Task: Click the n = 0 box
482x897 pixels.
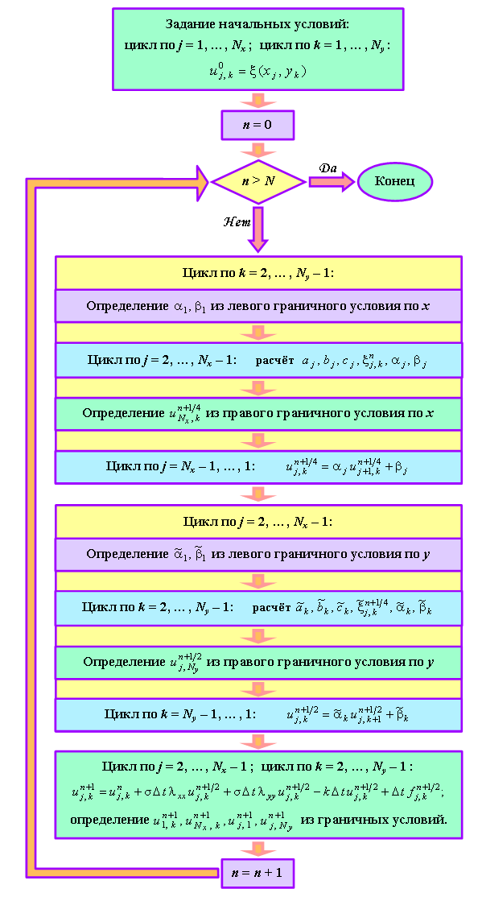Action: pos(257,125)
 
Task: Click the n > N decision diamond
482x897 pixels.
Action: pos(257,181)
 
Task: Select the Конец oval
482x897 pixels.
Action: pos(394,181)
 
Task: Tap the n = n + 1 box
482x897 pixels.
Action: pos(257,873)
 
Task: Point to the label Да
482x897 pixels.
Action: pos(328,168)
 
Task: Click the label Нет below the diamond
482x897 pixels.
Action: pos(237,221)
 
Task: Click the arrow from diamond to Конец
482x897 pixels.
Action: pos(332,181)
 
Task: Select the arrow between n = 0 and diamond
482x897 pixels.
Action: pos(257,150)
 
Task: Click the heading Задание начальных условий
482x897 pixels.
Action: pos(257,24)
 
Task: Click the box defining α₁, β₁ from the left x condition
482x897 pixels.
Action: pos(257,306)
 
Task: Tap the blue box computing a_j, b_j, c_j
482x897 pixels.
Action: pos(257,361)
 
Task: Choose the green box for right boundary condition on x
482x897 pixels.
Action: pos(257,414)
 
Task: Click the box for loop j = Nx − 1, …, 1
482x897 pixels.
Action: pos(257,467)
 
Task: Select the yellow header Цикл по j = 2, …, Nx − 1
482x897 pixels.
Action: pos(257,522)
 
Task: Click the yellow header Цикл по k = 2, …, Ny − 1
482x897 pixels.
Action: pos(257,273)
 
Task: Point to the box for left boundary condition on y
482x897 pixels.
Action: pos(257,554)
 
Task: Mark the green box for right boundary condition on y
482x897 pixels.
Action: pos(257,663)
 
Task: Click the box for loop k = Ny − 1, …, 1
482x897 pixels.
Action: pos(257,715)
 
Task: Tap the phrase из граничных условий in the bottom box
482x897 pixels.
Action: pos(374,819)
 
